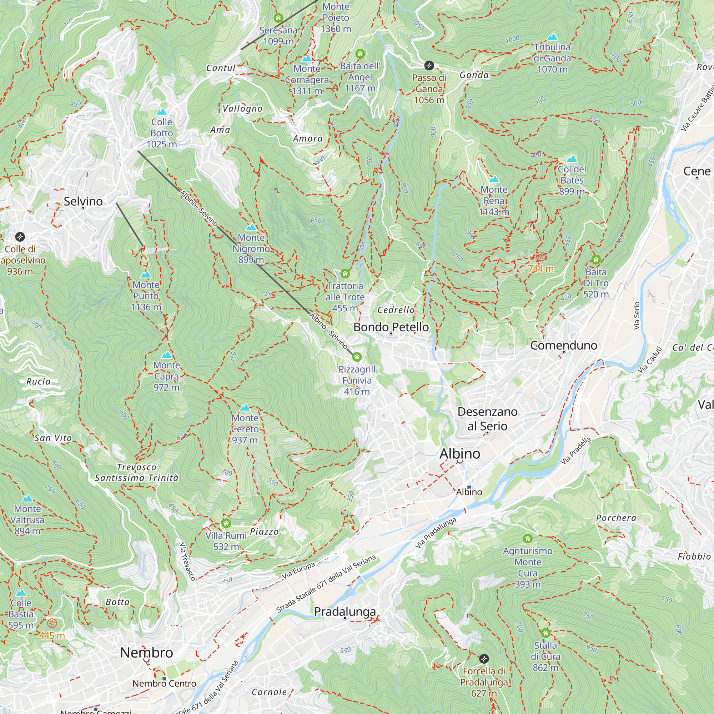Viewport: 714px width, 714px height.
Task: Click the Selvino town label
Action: [x=83, y=201]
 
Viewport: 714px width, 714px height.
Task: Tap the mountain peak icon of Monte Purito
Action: [x=146, y=274]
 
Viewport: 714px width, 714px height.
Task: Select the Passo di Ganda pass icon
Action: [x=429, y=65]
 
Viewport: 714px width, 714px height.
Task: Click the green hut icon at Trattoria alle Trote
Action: [x=345, y=273]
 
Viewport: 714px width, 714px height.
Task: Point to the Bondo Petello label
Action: [x=391, y=327]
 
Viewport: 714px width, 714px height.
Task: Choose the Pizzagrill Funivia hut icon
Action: [x=357, y=357]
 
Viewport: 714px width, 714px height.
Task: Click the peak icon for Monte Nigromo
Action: [x=251, y=227]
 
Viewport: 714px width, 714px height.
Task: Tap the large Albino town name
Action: [x=460, y=453]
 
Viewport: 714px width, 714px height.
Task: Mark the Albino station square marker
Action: [x=469, y=487]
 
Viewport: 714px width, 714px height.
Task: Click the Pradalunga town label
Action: [x=345, y=611]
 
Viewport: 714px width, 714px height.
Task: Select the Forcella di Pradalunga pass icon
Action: [x=484, y=659]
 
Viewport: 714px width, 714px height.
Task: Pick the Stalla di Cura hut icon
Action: [x=545, y=633]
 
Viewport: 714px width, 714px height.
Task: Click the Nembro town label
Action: [x=146, y=652]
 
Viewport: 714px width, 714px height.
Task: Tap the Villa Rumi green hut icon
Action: [x=226, y=523]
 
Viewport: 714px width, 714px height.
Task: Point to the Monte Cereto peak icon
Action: [x=245, y=407]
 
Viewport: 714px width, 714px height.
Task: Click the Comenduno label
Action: [x=564, y=345]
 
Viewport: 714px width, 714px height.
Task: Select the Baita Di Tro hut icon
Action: [x=596, y=260]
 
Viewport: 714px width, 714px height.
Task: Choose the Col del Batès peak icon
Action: [x=572, y=159]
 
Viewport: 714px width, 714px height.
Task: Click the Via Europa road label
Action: [x=298, y=570]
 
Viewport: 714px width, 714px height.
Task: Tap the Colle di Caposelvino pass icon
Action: [x=20, y=237]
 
